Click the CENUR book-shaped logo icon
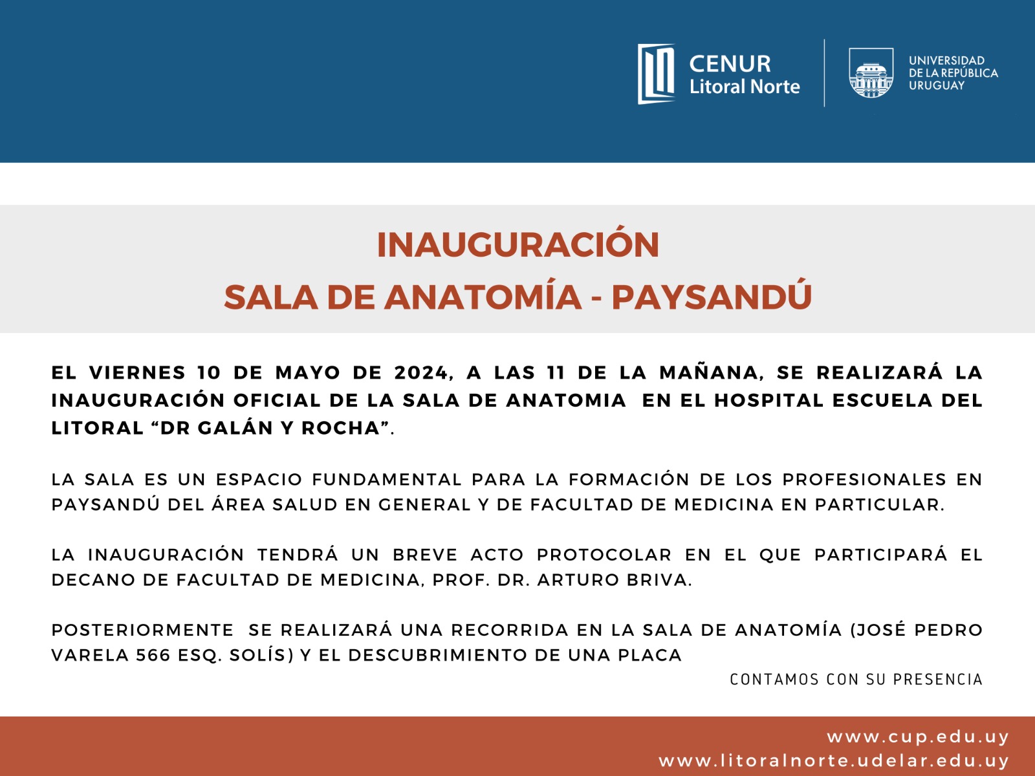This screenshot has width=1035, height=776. click(x=656, y=74)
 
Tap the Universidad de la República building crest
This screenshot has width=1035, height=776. click(x=871, y=73)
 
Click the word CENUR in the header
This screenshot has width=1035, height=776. click(x=730, y=63)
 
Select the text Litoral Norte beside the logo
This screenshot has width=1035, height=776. click(x=745, y=87)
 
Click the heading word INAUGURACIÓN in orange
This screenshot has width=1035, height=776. click(x=517, y=245)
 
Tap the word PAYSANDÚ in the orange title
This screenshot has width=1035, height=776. click(x=712, y=297)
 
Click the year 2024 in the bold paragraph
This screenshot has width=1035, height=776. click(x=420, y=372)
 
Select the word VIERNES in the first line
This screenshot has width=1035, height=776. click(x=138, y=372)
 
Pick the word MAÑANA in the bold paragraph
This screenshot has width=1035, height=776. click(x=709, y=372)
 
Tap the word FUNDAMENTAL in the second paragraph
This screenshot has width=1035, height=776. click(x=387, y=480)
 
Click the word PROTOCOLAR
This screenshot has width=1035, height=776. click(x=604, y=555)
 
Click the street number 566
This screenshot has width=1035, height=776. click(x=153, y=655)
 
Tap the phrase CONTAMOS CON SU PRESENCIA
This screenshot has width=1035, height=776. click(x=856, y=680)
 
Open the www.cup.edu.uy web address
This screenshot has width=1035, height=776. click(x=917, y=737)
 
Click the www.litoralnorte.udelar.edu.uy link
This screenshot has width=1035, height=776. click(x=834, y=761)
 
